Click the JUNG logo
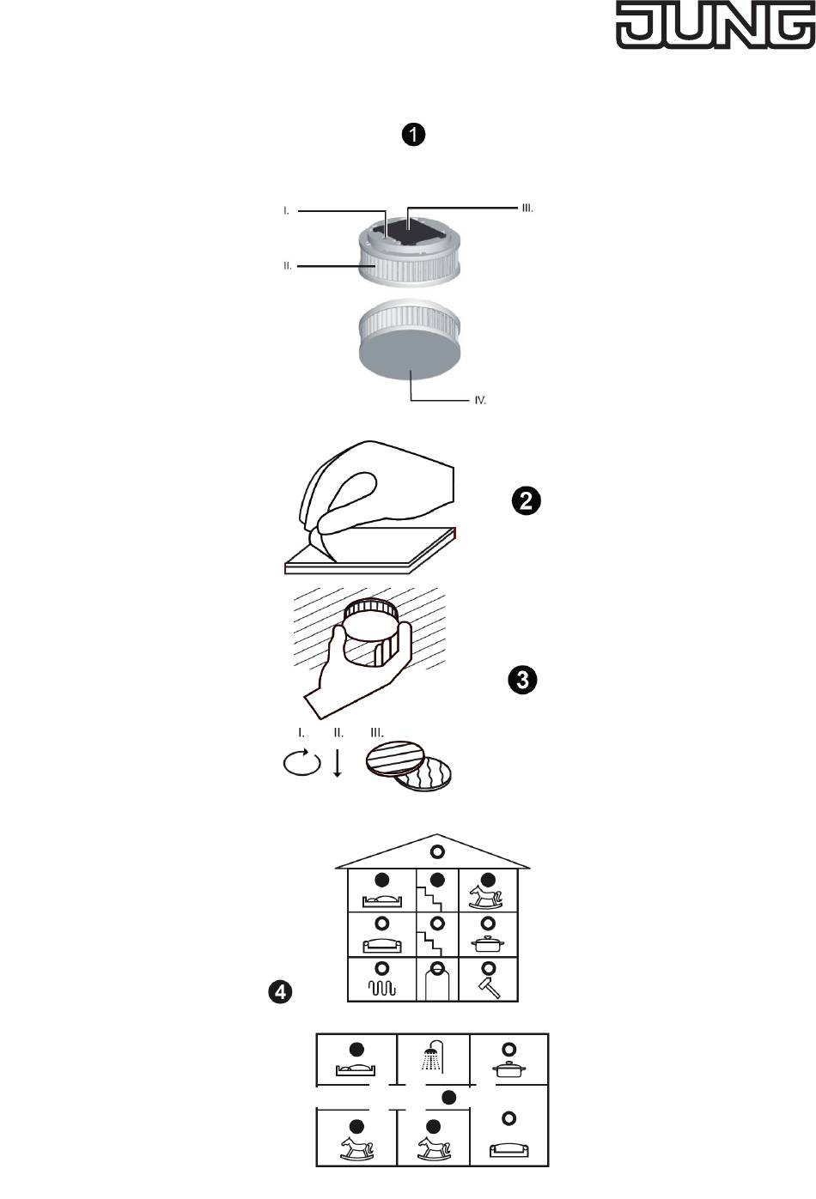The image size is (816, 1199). (716, 27)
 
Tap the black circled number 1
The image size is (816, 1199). (414, 135)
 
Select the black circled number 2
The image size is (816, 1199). (526, 500)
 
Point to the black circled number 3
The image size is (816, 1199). (522, 681)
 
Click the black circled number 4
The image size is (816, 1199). (280, 992)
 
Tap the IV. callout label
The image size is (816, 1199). (480, 401)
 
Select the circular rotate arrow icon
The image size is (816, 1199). (301, 763)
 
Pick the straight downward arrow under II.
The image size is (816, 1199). (338, 762)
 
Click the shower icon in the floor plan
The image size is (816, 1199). (433, 1056)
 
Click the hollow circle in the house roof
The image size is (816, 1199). (437, 852)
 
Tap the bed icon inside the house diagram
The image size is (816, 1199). (382, 899)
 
